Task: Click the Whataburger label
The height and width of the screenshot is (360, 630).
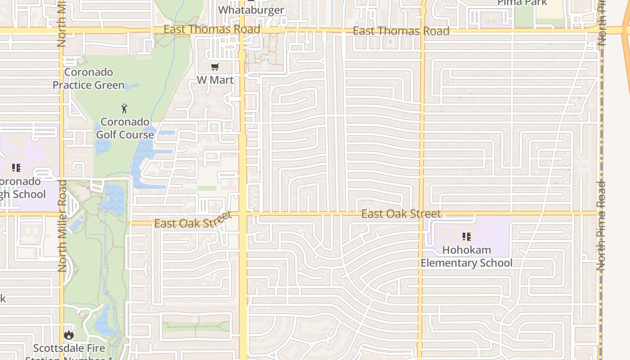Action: tap(251, 10)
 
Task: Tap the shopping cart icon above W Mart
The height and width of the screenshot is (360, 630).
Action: tap(215, 67)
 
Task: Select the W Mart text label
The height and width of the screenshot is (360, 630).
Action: tap(215, 80)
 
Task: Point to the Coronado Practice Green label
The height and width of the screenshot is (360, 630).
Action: tap(89, 78)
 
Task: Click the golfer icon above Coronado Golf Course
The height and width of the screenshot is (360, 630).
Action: tap(125, 108)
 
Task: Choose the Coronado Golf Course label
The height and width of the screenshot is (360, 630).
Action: tap(125, 128)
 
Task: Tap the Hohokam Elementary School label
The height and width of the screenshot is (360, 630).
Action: tap(467, 256)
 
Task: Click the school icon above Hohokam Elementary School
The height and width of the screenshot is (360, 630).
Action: tap(467, 236)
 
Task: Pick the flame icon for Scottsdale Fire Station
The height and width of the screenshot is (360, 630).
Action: tap(68, 335)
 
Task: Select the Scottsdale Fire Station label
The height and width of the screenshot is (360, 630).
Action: tap(69, 351)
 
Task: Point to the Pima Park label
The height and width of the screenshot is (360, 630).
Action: tap(522, 3)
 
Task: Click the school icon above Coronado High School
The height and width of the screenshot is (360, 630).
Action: tap(16, 168)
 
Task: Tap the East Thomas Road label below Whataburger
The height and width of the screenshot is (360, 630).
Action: tap(211, 29)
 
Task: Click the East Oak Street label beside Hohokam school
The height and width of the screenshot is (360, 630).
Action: tap(401, 214)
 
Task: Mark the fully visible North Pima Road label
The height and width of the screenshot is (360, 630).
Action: tap(601, 225)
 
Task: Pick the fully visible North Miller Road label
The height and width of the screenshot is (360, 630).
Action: tap(62, 225)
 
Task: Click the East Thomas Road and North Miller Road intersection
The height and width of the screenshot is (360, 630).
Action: tap(61, 30)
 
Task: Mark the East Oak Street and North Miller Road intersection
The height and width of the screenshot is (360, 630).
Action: tap(61, 214)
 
